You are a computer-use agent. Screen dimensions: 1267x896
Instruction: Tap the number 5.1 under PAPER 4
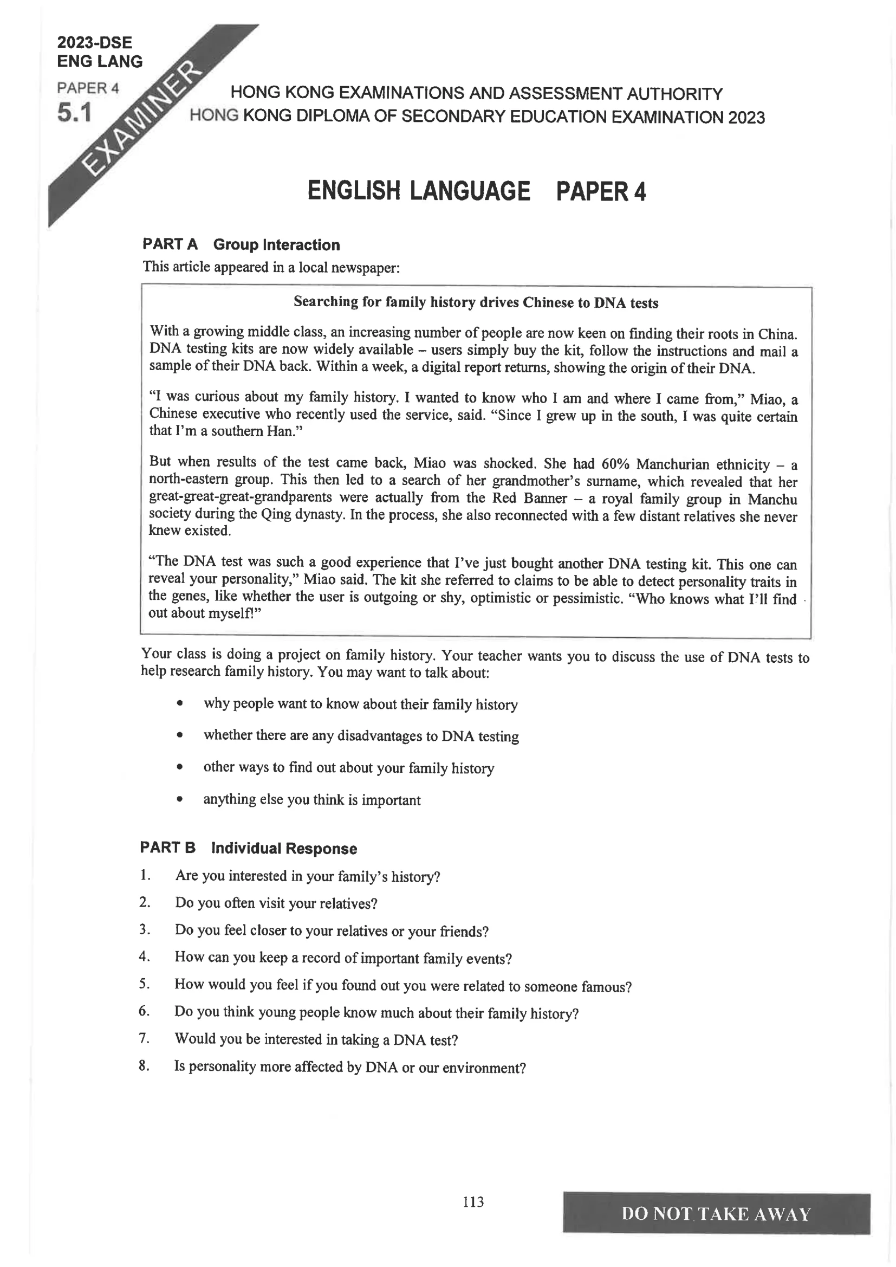click(x=74, y=113)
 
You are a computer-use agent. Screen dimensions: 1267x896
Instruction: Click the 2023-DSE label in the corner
click(x=94, y=43)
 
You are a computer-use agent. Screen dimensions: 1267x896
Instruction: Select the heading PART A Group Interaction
click(x=241, y=244)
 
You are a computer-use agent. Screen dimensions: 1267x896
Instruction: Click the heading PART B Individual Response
click(x=248, y=848)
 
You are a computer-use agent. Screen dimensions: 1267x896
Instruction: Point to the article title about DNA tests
click(x=476, y=302)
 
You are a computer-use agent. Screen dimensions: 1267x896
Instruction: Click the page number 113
click(x=473, y=1202)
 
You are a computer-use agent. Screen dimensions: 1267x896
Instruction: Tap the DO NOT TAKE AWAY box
click(x=716, y=1213)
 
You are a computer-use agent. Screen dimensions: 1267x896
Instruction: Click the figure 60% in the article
click(x=615, y=464)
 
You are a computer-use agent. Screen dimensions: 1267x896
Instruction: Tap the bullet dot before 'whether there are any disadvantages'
click(x=179, y=735)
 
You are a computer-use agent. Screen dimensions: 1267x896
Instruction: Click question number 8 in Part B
click(x=144, y=1065)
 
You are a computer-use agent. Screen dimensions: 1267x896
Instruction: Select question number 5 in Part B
click(x=144, y=984)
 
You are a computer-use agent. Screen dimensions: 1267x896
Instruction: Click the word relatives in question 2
click(x=346, y=904)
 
